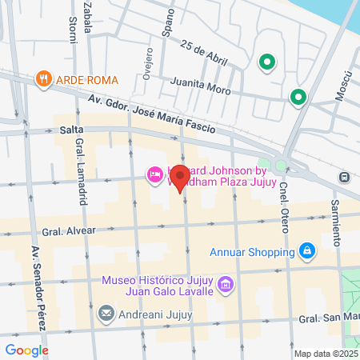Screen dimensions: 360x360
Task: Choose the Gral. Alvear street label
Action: tap(70, 230)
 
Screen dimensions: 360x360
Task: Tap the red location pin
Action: tap(180, 177)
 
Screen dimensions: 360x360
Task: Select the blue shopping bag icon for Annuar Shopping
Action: tap(306, 251)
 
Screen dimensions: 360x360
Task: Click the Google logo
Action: tap(26, 350)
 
